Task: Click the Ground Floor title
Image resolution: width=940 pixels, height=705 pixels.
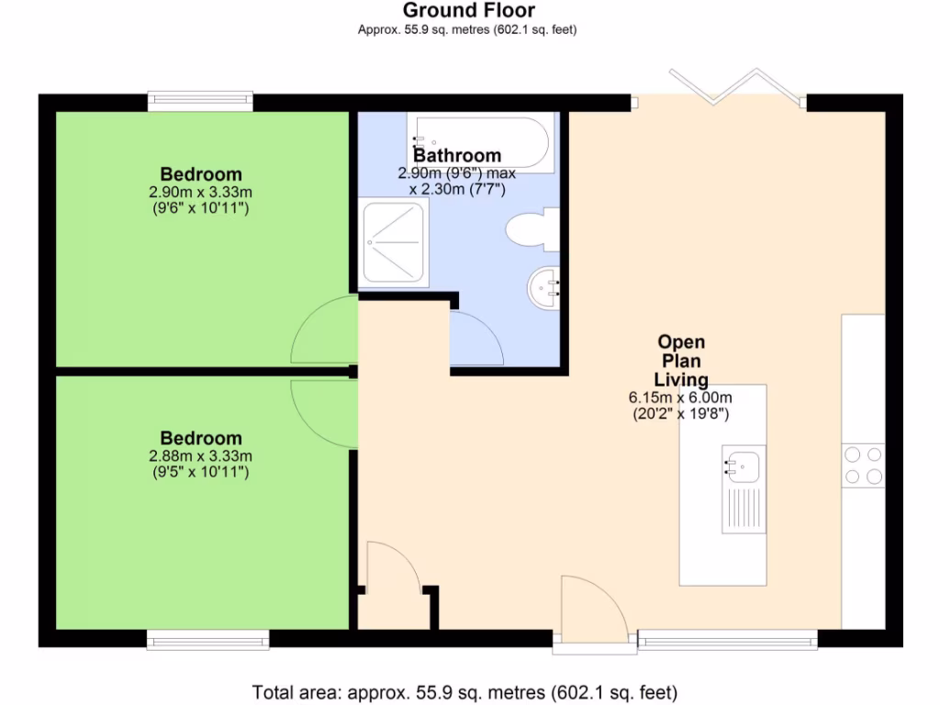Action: tap(468, 11)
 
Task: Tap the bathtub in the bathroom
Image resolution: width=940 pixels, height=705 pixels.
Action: tap(480, 143)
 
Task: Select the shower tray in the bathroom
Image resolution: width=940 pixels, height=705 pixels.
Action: tap(396, 243)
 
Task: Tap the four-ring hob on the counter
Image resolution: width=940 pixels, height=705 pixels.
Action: tap(863, 464)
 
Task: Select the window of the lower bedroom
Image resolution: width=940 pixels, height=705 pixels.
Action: tap(207, 639)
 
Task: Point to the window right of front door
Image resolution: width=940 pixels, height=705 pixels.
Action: tap(727, 639)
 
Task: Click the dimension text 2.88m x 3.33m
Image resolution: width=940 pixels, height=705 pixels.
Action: tap(201, 456)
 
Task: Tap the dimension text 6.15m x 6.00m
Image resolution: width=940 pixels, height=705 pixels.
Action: tap(679, 397)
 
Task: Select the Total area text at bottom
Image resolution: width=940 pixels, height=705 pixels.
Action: tap(464, 691)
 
